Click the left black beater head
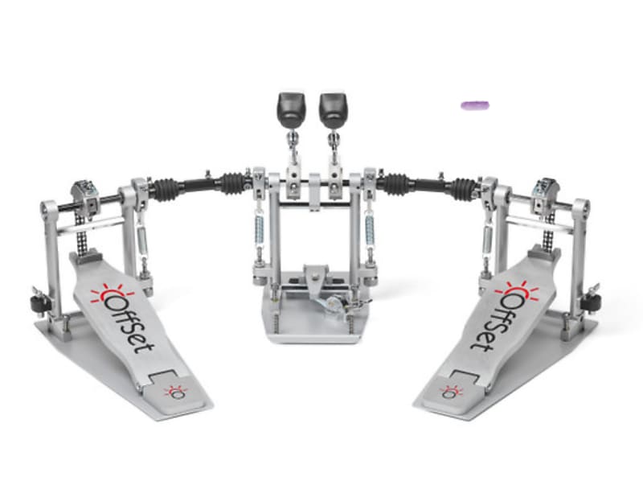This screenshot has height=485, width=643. pos(289,105)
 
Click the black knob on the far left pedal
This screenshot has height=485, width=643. pos(35,303)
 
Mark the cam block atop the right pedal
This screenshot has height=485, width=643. pos(545,191)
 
